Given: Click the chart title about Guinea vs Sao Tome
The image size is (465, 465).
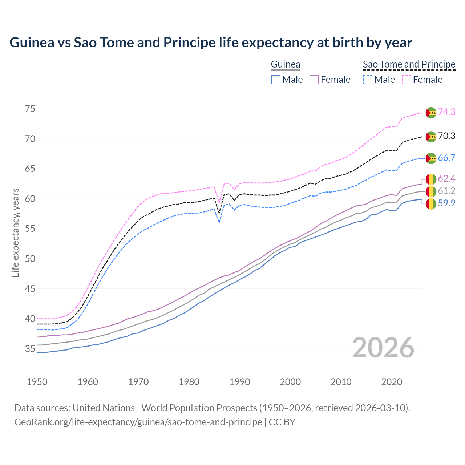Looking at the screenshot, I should tap(211, 43).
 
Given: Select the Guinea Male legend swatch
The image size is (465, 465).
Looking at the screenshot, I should tap(276, 80).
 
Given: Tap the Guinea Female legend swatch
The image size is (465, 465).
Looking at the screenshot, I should tap(314, 80).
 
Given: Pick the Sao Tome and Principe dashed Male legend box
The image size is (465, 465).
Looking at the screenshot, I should tap(368, 80).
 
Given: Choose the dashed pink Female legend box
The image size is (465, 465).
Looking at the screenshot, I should tap(407, 80).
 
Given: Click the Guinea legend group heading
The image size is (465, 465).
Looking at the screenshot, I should tap(286, 65).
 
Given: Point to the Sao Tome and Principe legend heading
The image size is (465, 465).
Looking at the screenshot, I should tap(409, 65).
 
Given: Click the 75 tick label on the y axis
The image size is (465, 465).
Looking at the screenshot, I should tap(30, 109).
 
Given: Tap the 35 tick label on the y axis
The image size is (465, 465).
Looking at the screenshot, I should tap(30, 349).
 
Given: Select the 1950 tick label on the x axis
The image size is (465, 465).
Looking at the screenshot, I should tap(37, 382).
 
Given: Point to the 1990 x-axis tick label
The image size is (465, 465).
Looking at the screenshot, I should tap(240, 382).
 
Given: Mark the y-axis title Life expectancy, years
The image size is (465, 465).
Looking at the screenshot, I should tap(15, 232).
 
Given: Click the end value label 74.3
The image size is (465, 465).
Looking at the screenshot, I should tap(446, 112).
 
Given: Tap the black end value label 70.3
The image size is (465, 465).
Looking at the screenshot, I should tap(446, 136).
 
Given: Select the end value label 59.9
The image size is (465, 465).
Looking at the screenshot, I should tap(446, 203).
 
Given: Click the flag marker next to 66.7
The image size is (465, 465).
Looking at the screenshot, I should tap(431, 158).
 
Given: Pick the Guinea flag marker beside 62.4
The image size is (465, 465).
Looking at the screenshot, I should tap(431, 179).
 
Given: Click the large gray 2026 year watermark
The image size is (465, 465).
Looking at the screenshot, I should tap(383, 348).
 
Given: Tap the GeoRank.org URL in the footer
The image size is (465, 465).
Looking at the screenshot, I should tap(138, 422).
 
